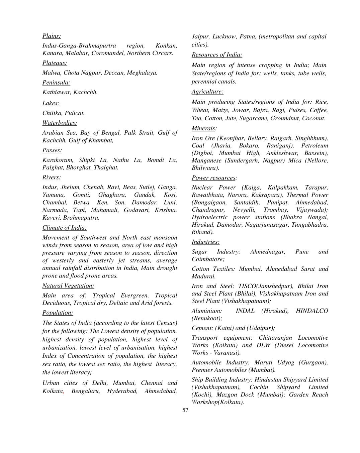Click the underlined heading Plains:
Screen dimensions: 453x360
[x=52, y=36]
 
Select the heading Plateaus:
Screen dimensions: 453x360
[x=55, y=63]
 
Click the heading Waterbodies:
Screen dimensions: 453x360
[x=60, y=123]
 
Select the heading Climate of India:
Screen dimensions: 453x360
[x=64, y=228]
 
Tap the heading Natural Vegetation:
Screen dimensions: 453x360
[x=68, y=286]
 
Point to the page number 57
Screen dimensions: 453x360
[x=185, y=410]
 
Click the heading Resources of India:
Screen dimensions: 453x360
[x=217, y=55]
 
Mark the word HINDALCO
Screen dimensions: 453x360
[x=312, y=311]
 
